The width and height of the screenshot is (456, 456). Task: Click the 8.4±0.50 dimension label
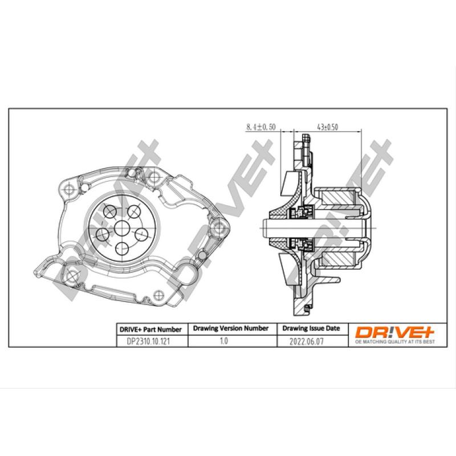click(x=260, y=127)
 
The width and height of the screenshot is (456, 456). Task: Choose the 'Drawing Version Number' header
click(x=231, y=329)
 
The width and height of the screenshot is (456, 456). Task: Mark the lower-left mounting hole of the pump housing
click(x=70, y=276)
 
